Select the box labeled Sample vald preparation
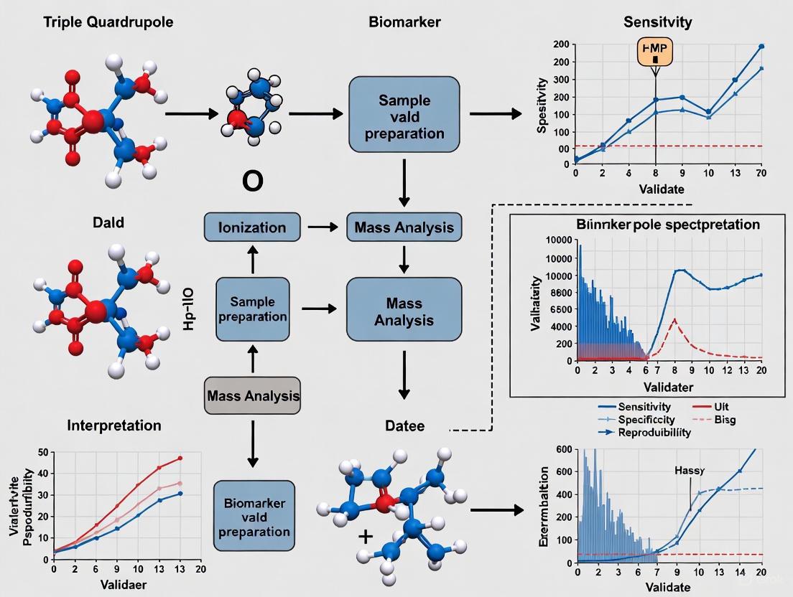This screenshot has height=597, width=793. tap(404, 116)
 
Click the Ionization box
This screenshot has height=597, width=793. tap(251, 227)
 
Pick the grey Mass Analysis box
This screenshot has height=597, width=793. tap(253, 395)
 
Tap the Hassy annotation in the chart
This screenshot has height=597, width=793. tap(689, 471)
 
